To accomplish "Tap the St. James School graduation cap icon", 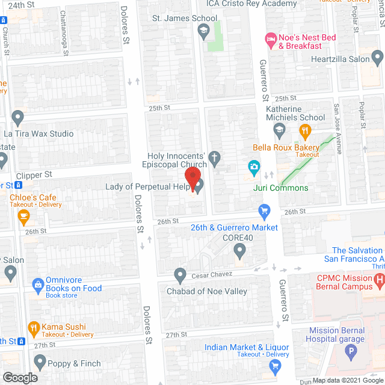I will [203, 32].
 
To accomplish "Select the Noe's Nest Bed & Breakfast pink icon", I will [271, 40].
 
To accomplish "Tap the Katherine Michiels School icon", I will [279, 129].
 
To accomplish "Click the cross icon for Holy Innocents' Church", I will [213, 159].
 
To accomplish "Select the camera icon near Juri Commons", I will [254, 166].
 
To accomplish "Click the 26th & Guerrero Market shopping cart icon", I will [263, 211].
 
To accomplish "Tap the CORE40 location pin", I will [240, 250].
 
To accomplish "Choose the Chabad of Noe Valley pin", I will [179, 275].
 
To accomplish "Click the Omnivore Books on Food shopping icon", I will [37, 283].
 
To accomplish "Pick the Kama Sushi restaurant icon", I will [33, 329].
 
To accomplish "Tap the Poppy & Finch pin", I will [40, 362].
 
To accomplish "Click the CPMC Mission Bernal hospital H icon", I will [379, 279].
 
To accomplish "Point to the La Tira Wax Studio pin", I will [17, 117].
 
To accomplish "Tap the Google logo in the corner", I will [19, 377].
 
